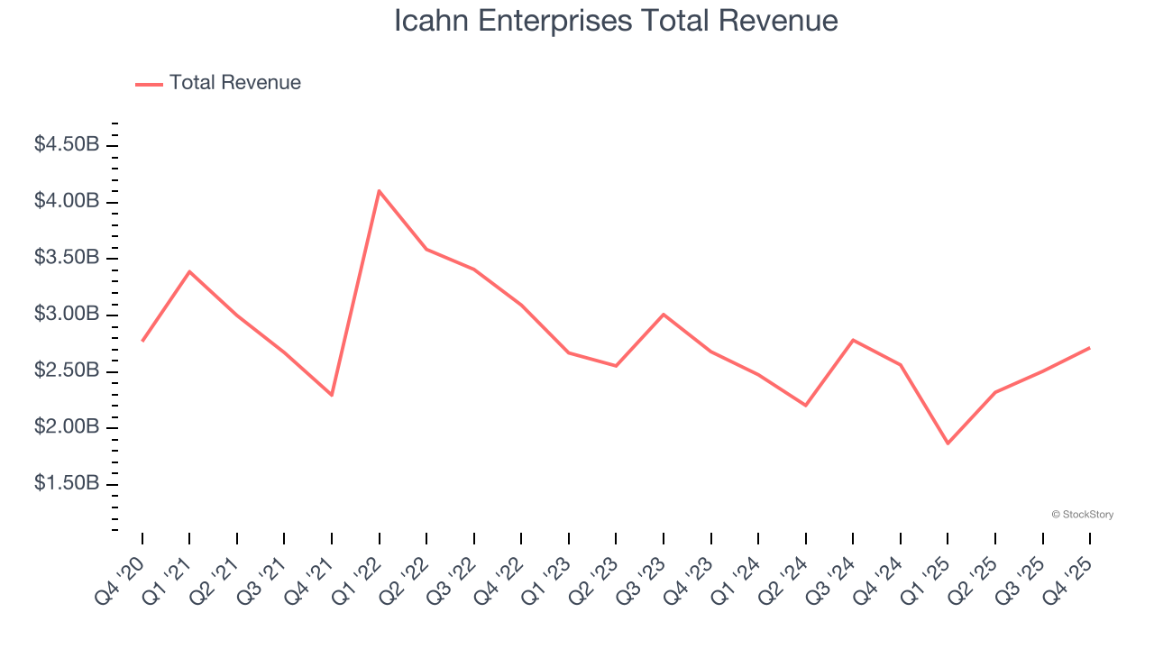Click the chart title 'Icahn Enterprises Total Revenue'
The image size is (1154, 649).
616,21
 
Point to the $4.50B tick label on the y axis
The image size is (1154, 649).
67,144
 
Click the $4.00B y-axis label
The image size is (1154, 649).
67,201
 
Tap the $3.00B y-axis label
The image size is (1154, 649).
67,315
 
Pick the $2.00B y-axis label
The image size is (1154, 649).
67,427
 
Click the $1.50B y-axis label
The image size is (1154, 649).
67,484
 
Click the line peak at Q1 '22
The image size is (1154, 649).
380,191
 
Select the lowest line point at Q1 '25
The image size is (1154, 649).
948,443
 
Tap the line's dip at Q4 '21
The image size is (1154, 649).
332,395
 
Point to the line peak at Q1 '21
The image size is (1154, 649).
189,271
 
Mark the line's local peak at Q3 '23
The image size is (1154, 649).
664,315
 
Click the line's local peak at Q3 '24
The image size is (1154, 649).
853,340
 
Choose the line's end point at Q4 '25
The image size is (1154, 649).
1089,348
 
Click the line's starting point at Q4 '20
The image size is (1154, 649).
142,341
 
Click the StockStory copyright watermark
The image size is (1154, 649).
1082,515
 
